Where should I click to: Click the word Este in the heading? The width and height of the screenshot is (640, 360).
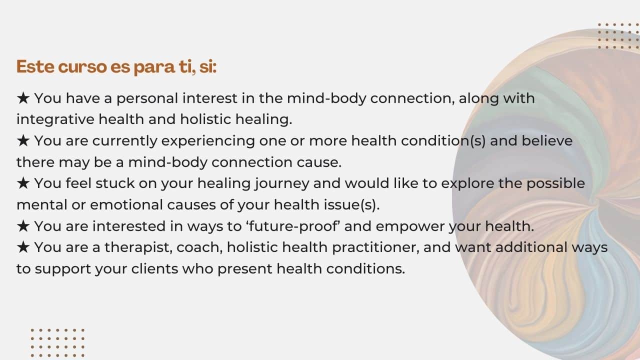tap(35, 67)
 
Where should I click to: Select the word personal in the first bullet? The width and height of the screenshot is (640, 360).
tap(147, 99)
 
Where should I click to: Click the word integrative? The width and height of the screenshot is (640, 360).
tap(55, 119)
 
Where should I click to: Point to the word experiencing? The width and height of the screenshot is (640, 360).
tap(208, 141)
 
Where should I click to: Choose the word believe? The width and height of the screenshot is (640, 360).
tap(547, 140)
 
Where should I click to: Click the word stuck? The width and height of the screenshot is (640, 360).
tap(115, 183)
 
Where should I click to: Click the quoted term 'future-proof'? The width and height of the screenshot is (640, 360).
tap(293, 226)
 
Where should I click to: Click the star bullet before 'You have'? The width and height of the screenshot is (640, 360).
tap(23, 98)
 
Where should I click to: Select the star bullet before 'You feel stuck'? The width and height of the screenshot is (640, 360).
tap(23, 183)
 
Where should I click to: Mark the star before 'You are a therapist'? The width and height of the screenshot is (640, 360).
tap(23, 247)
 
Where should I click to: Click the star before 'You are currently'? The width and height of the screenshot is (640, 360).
tap(23, 141)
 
